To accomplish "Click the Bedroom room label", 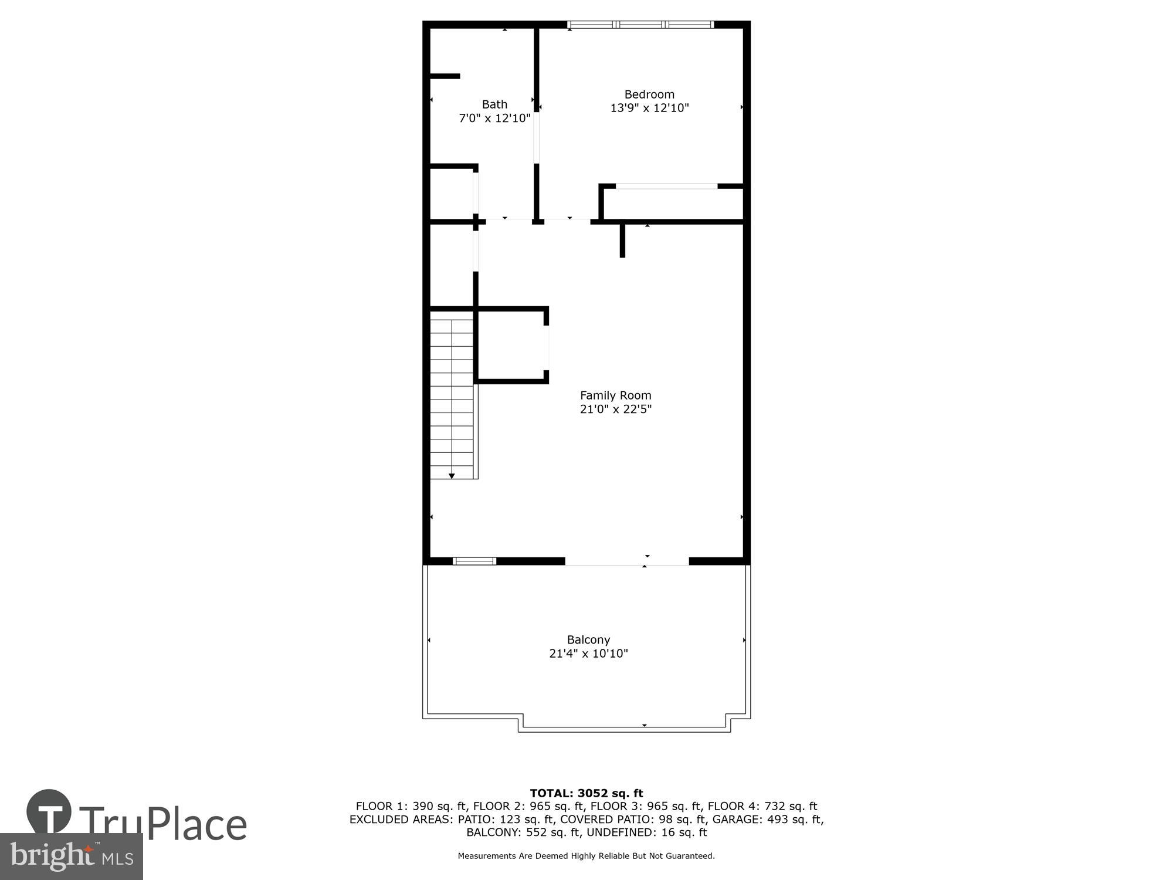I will [x=649, y=94].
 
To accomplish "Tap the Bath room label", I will [x=494, y=104].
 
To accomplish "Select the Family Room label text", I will [x=615, y=395].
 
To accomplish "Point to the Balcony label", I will [x=588, y=639].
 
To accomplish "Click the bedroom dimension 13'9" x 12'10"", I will [x=649, y=108].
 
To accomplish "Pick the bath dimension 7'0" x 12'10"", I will [x=494, y=118].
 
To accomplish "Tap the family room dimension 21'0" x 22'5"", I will [x=615, y=409].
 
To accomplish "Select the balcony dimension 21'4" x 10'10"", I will [x=588, y=653].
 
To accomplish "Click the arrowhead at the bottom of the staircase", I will [x=452, y=476].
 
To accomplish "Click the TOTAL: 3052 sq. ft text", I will [x=586, y=793].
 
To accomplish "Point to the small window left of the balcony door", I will [x=474, y=561].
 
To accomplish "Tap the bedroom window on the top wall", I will [x=640, y=25].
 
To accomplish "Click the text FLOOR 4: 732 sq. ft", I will [x=762, y=806].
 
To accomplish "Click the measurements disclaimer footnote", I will [x=586, y=856].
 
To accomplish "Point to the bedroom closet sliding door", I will [x=666, y=187].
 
